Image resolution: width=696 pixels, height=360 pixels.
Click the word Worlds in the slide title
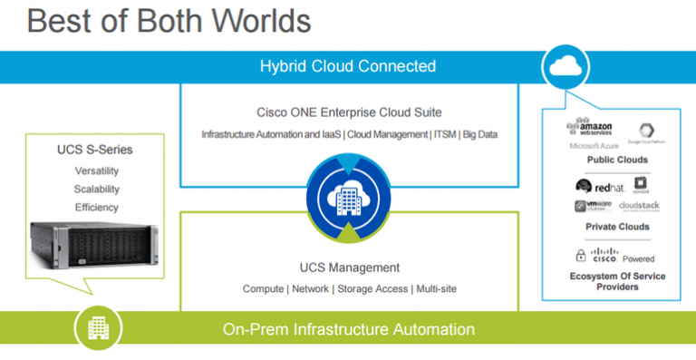pyautogui.click(x=256, y=22)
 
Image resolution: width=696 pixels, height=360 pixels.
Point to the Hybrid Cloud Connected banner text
pyautogui.click(x=348, y=66)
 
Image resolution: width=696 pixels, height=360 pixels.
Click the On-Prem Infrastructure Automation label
pyautogui.click(x=349, y=329)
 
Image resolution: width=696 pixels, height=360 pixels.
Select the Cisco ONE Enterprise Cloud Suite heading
pyautogui.click(x=349, y=112)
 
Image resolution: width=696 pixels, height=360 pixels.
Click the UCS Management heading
pyautogui.click(x=349, y=268)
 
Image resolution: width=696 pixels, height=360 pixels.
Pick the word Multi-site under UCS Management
pyautogui.click(x=436, y=289)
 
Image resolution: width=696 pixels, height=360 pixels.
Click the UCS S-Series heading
pyautogui.click(x=96, y=149)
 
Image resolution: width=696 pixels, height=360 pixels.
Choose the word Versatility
pyautogui.click(x=96, y=170)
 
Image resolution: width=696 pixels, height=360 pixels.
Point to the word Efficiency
pyautogui.click(x=96, y=208)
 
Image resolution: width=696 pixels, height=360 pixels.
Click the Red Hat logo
pyautogui.click(x=599, y=186)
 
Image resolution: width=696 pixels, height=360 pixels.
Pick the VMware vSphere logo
pyautogui.click(x=593, y=206)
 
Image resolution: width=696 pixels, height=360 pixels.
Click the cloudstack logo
pyautogui.click(x=640, y=206)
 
